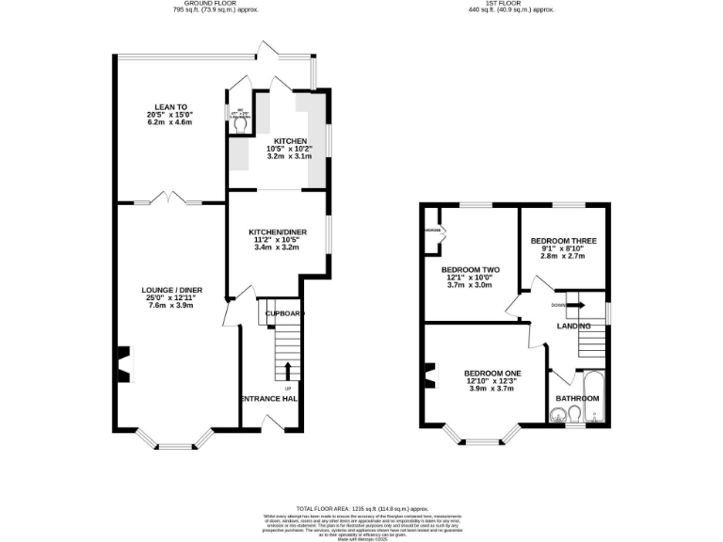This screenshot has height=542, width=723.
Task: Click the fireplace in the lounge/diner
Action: (122, 365)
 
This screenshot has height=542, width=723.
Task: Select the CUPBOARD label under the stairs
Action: (282, 313)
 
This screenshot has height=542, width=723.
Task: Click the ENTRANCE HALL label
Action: (270, 399)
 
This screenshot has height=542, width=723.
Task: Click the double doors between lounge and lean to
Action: (170, 200)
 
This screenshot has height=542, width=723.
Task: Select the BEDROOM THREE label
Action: (563, 247)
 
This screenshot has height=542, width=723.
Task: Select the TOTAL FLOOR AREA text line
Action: (361, 507)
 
